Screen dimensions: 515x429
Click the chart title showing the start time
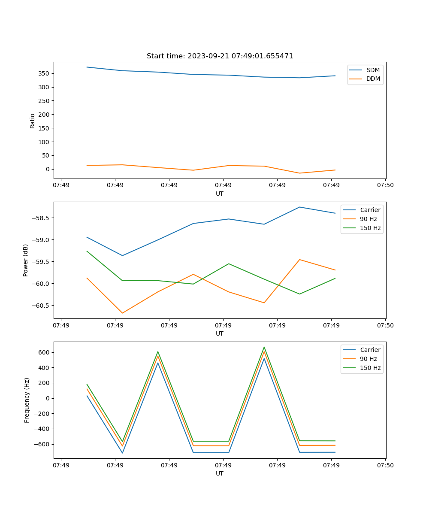click(x=220, y=56)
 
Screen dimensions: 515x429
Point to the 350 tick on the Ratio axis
click(x=44, y=73)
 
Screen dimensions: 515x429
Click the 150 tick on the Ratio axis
click(x=44, y=128)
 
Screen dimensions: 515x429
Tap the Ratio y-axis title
click(x=33, y=121)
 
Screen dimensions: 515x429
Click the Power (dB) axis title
click(x=26, y=260)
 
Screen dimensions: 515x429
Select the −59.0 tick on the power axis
click(x=41, y=240)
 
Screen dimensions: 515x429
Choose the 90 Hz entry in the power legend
click(x=368, y=219)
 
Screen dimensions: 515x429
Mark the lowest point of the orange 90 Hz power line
click(x=122, y=313)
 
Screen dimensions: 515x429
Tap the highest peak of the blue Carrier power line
click(x=299, y=207)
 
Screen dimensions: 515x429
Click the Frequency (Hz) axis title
click(x=27, y=400)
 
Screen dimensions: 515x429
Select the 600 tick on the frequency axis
click(x=44, y=352)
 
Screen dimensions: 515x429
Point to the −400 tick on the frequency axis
click(x=42, y=429)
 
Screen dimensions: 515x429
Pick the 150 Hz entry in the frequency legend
click(x=370, y=368)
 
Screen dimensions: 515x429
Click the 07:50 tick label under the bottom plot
click(x=385, y=465)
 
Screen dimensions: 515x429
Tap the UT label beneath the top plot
click(x=220, y=194)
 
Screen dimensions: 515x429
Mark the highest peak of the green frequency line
click(x=264, y=347)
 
